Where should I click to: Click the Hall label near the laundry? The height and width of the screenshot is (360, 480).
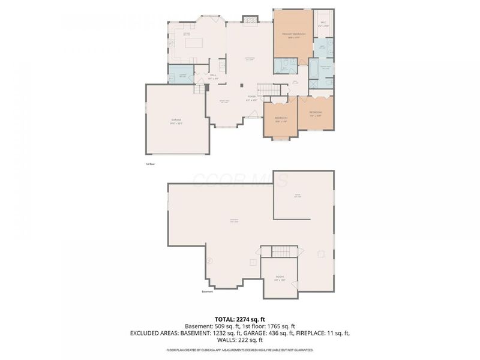click(213, 76)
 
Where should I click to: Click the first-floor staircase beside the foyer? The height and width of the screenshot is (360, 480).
click(274, 91)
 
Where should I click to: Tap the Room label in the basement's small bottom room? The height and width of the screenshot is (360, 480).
click(280, 278)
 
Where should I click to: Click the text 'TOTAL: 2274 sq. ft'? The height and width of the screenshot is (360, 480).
click(240, 319)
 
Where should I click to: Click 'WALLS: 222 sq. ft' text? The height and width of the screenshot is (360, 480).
click(240, 340)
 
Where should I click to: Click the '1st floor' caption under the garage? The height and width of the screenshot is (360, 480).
click(150, 163)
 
